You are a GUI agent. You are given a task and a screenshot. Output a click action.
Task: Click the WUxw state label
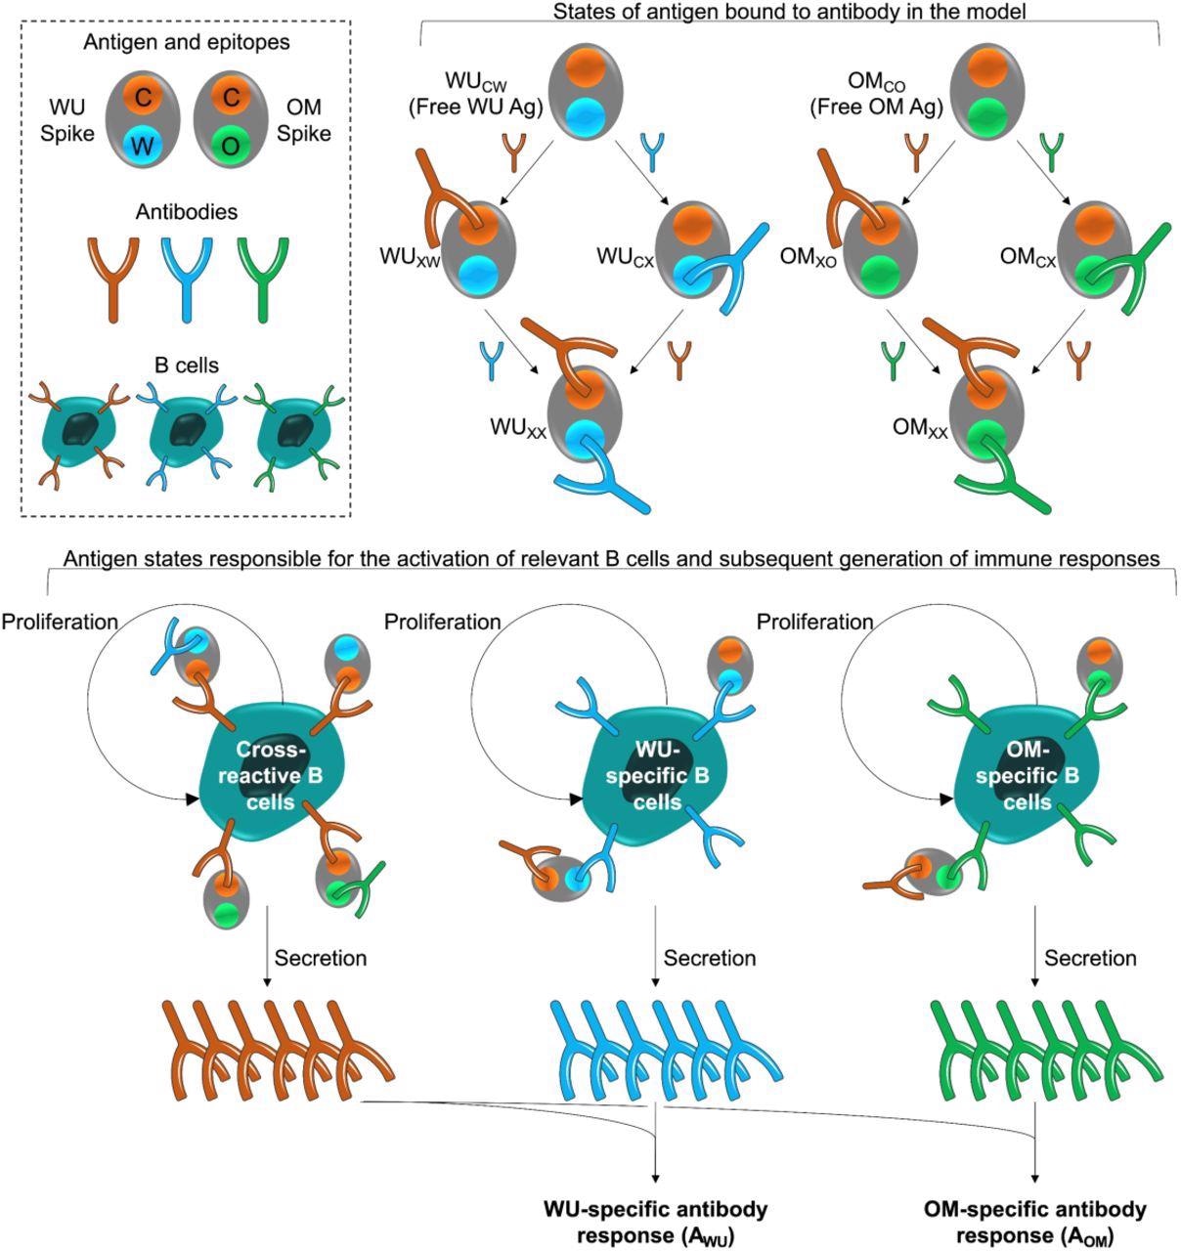click(x=410, y=257)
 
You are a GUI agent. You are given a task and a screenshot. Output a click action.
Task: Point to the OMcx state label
click(x=1028, y=256)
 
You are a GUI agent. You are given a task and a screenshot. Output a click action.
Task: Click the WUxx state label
click(x=518, y=429)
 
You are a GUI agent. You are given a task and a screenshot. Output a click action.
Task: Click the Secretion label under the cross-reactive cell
click(x=321, y=958)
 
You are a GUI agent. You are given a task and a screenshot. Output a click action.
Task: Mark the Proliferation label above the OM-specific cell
click(x=815, y=623)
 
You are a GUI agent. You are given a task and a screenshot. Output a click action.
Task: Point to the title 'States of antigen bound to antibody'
click(x=788, y=13)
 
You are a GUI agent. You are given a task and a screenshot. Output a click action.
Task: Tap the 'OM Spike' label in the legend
click(x=305, y=119)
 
